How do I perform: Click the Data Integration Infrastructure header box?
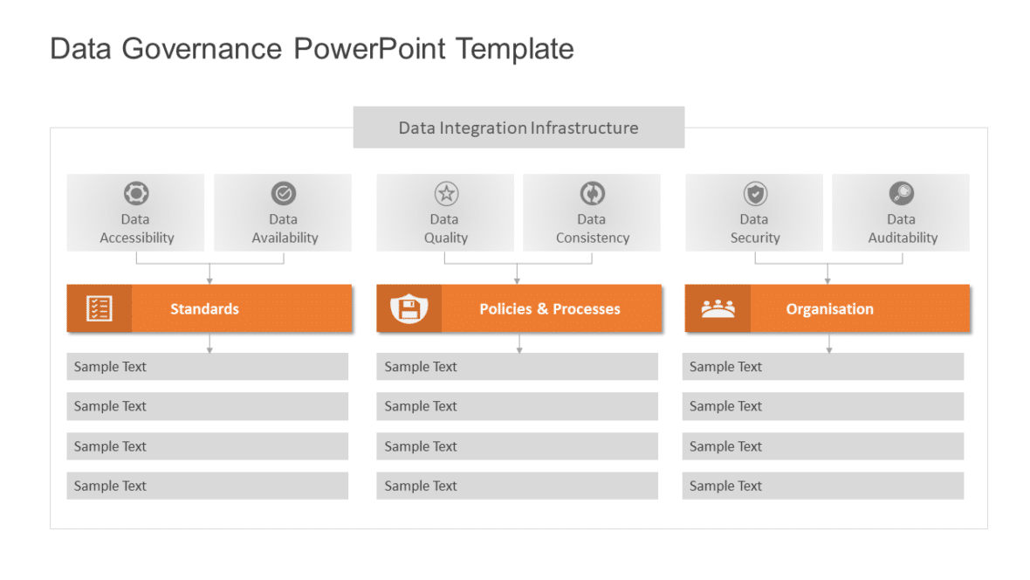tap(518, 128)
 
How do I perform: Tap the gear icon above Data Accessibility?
tap(136, 193)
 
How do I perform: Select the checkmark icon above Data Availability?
tap(284, 193)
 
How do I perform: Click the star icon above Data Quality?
tap(446, 193)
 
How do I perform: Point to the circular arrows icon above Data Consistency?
tap(593, 193)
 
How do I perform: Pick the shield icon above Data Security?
tap(755, 193)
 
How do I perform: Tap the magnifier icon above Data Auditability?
tap(902, 193)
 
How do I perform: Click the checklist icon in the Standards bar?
tap(99, 308)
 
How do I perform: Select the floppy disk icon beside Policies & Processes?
tap(409, 308)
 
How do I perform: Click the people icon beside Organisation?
tap(718, 308)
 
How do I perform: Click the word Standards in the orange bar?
tap(204, 309)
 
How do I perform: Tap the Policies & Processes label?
tap(550, 309)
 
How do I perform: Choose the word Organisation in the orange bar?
tap(829, 309)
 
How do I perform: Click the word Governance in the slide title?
tap(202, 49)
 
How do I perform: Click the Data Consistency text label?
tap(592, 229)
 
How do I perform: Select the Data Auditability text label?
tap(902, 229)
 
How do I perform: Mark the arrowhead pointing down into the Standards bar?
tap(209, 280)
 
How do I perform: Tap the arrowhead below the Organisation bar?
tap(828, 349)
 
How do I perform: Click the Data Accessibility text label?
tap(136, 229)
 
